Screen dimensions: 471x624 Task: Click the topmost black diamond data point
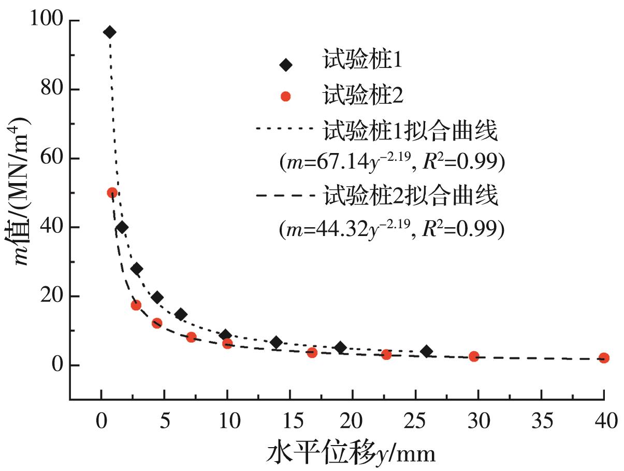pos(110,32)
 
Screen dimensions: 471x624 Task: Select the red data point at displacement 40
pos(604,358)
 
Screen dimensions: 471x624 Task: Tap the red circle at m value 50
pos(112,193)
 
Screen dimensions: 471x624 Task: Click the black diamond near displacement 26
pos(427,351)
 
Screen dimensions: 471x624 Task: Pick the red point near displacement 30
pos(474,356)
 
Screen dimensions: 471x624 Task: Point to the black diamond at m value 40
pos(122,227)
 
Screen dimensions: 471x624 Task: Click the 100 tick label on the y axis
pos(47,21)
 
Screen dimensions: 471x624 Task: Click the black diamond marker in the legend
pos(285,65)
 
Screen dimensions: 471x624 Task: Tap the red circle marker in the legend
pos(285,96)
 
